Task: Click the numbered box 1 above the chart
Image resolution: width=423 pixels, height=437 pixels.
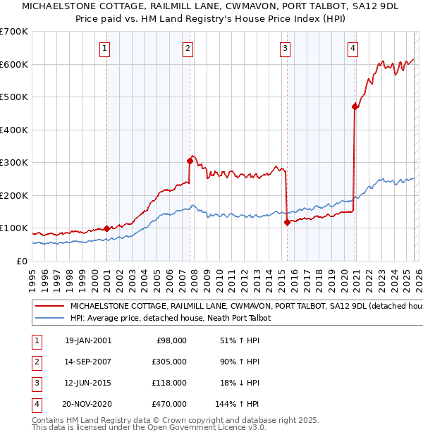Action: [104, 49]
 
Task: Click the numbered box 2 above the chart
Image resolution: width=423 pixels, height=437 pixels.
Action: [188, 49]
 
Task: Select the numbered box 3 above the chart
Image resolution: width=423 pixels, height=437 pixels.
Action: [285, 49]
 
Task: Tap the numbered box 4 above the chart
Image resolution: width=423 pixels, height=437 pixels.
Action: [352, 49]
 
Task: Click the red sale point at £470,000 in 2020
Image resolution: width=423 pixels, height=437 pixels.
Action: [355, 107]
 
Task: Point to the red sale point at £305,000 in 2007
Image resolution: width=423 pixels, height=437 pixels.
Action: [190, 161]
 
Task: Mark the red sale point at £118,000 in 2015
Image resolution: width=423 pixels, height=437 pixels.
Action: [287, 222]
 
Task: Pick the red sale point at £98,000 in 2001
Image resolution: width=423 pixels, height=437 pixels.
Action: [107, 228]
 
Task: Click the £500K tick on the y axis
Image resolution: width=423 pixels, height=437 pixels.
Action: [14, 97]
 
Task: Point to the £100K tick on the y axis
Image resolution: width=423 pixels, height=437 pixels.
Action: [14, 228]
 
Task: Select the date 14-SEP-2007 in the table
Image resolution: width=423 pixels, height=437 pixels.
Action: [88, 362]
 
